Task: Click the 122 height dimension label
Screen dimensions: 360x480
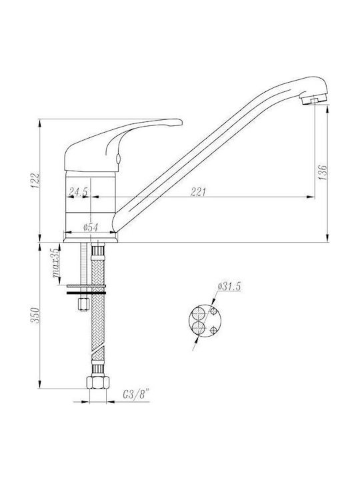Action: (37, 181)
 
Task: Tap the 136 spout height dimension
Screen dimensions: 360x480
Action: (323, 173)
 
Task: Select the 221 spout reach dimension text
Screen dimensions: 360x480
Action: (199, 192)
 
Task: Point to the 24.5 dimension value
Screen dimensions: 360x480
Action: (78, 192)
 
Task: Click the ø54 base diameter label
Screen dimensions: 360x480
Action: (91, 227)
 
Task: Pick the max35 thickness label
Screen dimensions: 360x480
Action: (55, 263)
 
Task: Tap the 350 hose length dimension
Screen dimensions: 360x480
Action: (36, 315)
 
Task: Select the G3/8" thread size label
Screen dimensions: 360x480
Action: (135, 394)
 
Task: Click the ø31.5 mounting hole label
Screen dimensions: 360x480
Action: (229, 287)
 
